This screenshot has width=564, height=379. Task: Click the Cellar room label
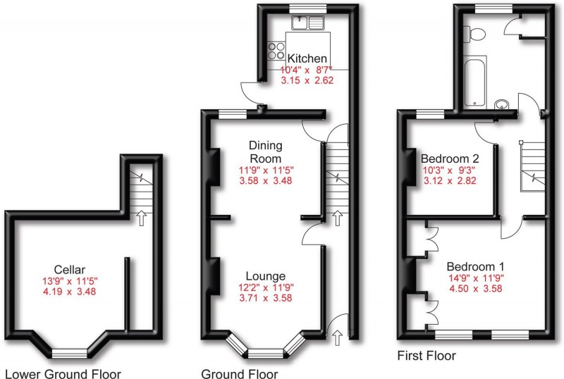pyautogui.click(x=69, y=268)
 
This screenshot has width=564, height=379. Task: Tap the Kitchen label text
pyautogui.click(x=307, y=58)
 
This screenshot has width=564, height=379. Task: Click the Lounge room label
pyautogui.click(x=265, y=275)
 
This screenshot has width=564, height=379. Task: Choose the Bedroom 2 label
pyautogui.click(x=449, y=158)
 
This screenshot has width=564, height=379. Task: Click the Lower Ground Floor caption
pyautogui.click(x=63, y=373)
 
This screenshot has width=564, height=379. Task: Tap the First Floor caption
pyautogui.click(x=426, y=355)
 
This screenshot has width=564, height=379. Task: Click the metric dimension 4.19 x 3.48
pyautogui.click(x=69, y=291)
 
